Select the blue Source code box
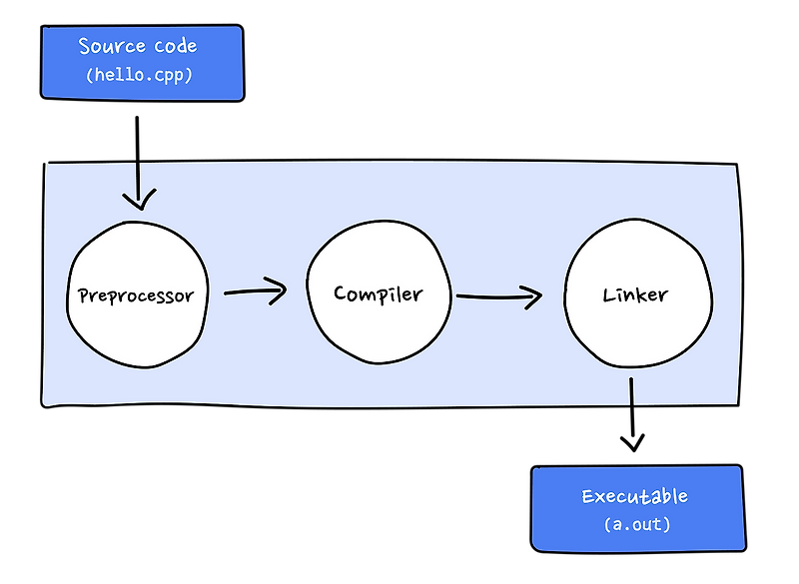142,62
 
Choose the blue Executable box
636,507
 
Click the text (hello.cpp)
141,76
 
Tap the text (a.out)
635,524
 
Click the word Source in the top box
109,46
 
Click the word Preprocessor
136,296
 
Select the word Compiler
378,294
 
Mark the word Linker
635,296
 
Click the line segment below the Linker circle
631,390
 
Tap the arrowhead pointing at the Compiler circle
279,291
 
